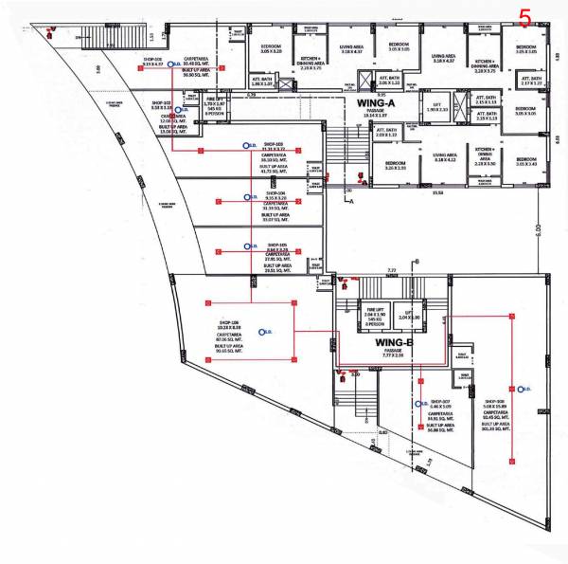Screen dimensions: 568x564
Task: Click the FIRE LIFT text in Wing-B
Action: (x=374, y=309)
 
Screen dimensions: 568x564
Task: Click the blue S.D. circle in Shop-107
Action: (x=421, y=405)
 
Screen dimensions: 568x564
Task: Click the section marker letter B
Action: (x=416, y=261)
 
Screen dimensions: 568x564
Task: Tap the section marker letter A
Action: (x=350, y=202)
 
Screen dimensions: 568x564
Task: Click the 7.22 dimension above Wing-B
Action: (x=390, y=270)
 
